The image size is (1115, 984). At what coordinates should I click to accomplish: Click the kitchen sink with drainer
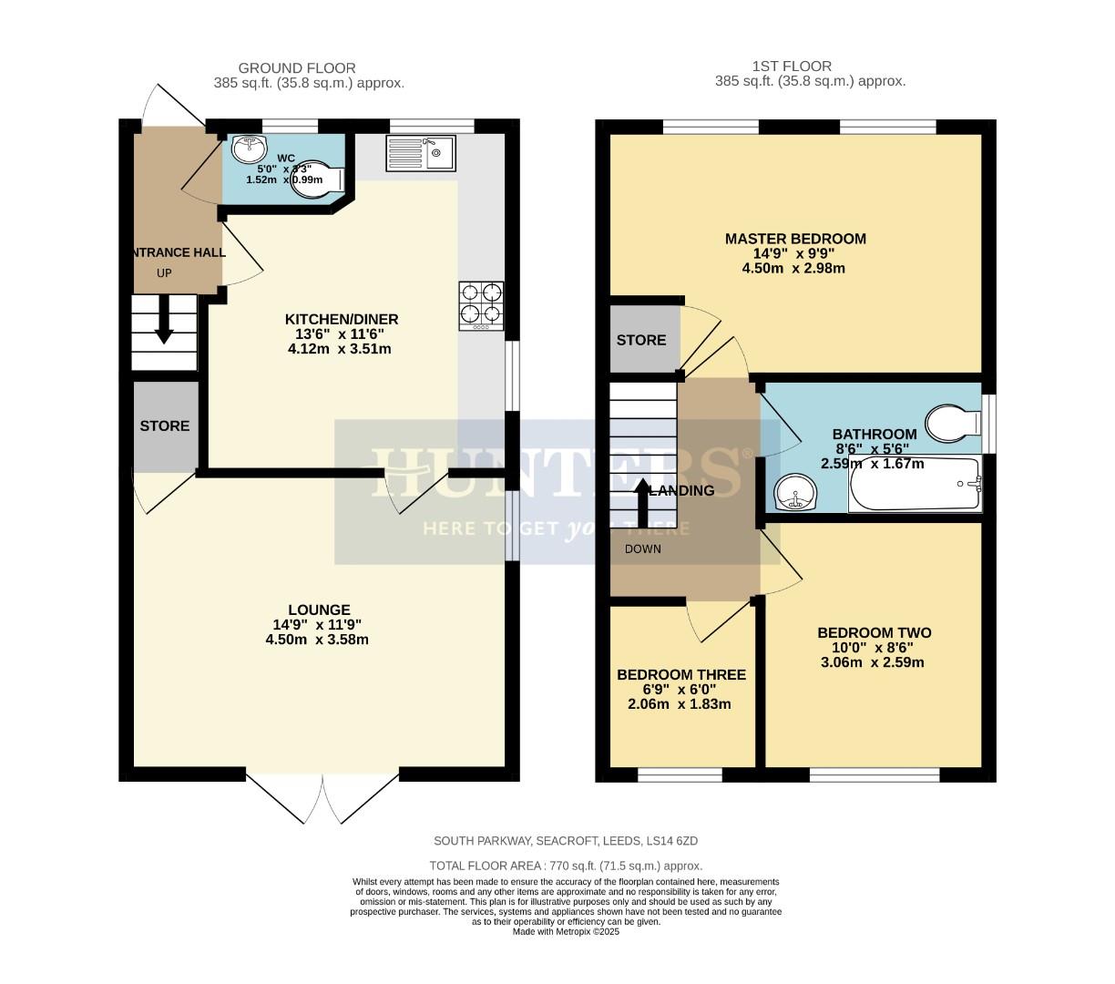420,153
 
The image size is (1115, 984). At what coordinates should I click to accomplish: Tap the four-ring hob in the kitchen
482,304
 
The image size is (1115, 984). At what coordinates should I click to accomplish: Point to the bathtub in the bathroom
915,485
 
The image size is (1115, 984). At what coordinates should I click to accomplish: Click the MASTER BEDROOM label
795,239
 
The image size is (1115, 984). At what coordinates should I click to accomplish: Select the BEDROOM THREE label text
680,675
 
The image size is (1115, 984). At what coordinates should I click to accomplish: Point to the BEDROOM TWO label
874,633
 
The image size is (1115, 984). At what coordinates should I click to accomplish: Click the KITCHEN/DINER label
342,319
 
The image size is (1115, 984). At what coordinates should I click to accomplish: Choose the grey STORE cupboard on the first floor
643,340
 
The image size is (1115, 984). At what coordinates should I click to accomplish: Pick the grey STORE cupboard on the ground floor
165,425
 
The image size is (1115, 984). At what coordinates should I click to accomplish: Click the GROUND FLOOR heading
296,68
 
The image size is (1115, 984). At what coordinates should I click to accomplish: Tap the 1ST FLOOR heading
791,67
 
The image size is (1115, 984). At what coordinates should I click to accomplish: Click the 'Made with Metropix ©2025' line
566,931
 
